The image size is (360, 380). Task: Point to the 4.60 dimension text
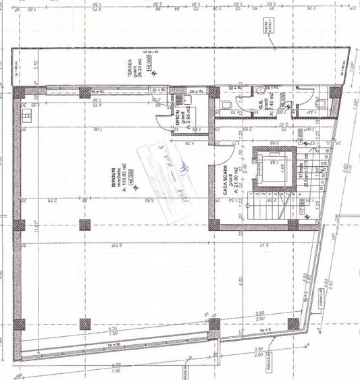click(x=241, y=273)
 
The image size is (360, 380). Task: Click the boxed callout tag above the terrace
click(x=276, y=26)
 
